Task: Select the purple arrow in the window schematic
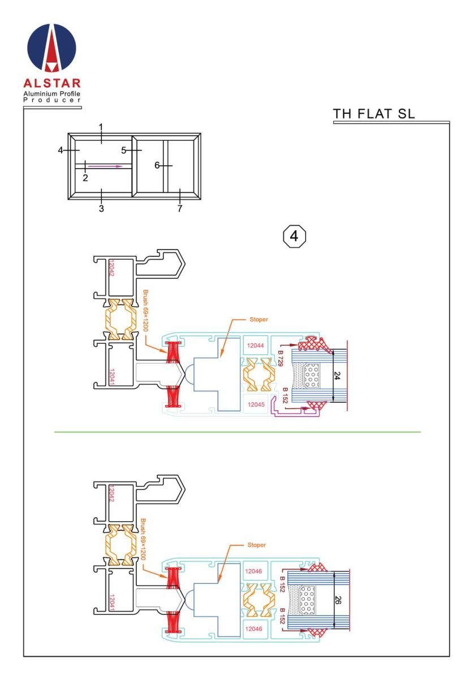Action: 104,166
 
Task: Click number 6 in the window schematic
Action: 158,165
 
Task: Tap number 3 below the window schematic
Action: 101,208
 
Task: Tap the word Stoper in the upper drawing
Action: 257,320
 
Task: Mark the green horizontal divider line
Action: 238,432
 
